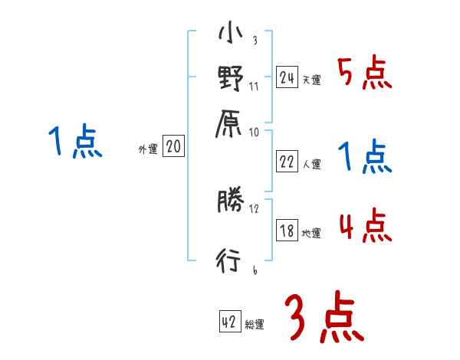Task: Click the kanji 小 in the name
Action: point(230,35)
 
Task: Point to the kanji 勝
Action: point(230,202)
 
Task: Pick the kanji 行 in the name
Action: point(230,263)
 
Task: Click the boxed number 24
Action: point(287,77)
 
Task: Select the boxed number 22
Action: point(287,162)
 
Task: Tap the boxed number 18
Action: point(287,231)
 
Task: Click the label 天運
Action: point(311,80)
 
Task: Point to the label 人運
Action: point(311,164)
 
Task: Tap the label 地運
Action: point(311,233)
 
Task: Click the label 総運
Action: point(255,325)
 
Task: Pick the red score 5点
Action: point(365,76)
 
